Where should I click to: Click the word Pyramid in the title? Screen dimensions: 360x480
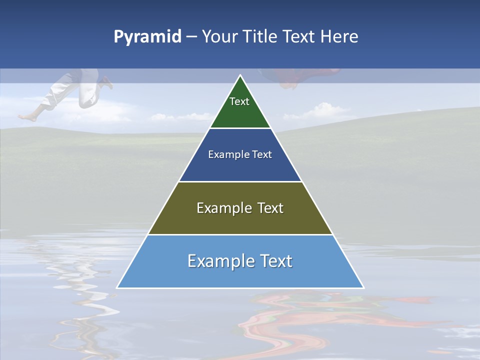point(147,37)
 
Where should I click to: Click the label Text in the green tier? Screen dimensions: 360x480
point(239,101)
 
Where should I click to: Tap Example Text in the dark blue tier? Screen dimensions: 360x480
point(240,154)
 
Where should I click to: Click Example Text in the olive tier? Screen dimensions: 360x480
point(240,208)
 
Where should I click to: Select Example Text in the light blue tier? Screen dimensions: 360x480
point(240,261)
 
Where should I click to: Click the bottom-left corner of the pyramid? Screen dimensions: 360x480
point(117,287)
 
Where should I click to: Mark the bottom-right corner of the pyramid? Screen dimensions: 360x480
point(363,287)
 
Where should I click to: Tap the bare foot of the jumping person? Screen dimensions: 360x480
point(27,117)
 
